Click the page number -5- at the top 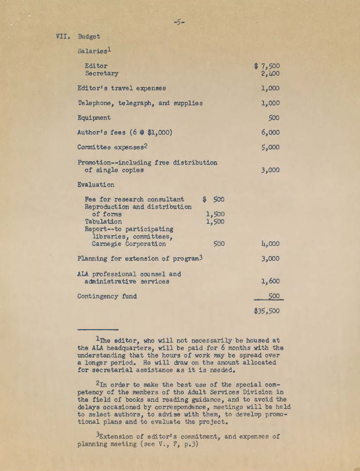179,21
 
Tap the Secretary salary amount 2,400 270,73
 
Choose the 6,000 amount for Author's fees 270,132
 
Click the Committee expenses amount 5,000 270,147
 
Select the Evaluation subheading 96,185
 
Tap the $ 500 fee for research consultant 214,199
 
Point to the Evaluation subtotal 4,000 270,244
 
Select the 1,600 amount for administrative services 270,281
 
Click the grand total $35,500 267,311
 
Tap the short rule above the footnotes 98,330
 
